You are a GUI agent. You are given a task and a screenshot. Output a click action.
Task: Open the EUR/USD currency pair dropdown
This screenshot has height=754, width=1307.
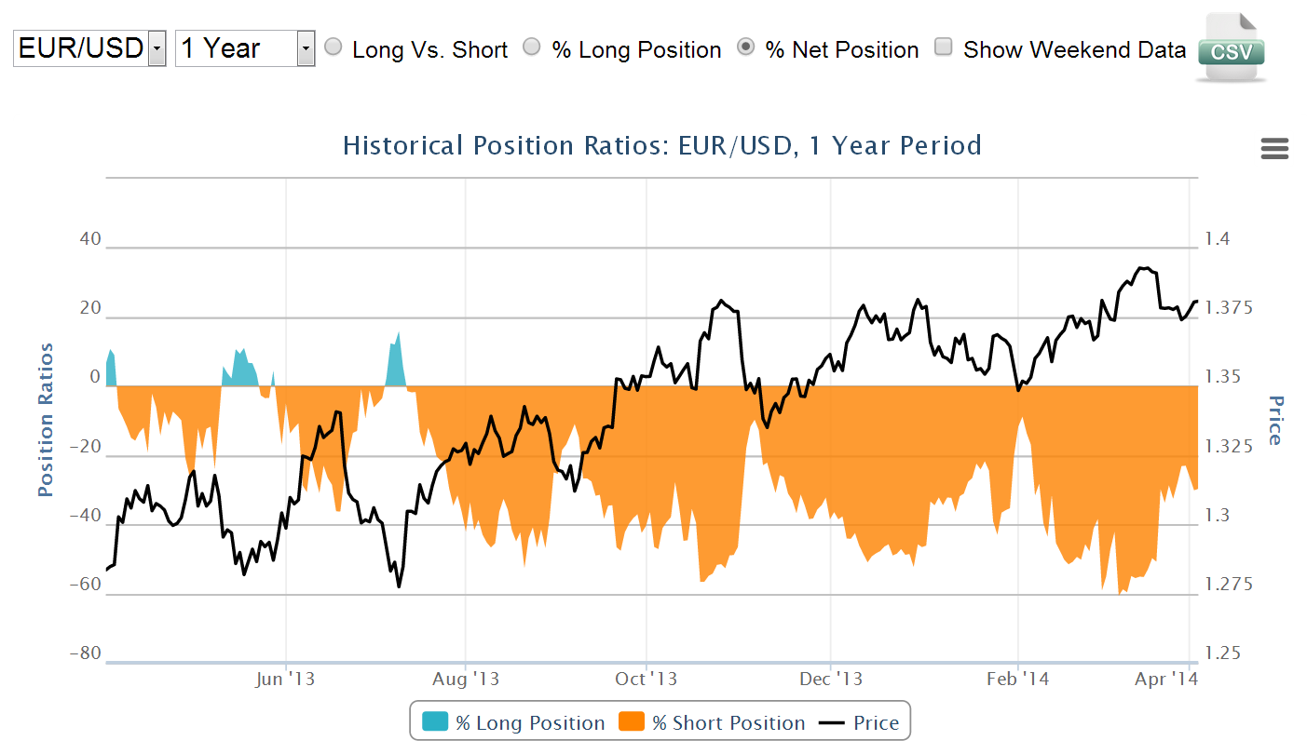tap(89, 48)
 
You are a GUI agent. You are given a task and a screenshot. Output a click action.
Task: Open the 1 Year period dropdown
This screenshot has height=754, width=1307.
tap(245, 48)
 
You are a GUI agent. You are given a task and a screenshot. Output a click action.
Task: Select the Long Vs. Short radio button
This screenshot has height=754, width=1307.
tap(334, 47)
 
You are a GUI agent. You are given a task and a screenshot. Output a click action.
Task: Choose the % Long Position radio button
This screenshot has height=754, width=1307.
tap(532, 47)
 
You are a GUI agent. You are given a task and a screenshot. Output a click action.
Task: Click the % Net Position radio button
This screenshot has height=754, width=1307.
tap(746, 47)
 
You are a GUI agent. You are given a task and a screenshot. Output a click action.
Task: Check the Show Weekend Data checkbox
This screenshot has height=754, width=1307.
tap(944, 47)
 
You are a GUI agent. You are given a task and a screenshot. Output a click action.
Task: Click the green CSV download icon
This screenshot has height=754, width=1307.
tap(1231, 48)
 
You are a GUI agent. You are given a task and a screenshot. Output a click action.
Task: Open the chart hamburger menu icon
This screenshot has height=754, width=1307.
tap(1273, 148)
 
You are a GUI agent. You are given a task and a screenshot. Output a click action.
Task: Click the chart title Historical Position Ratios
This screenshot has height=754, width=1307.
tap(661, 146)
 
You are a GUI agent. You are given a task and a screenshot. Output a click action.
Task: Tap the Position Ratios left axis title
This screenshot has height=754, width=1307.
tap(46, 420)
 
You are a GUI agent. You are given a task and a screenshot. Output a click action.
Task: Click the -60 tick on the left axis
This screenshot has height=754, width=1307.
tap(85, 585)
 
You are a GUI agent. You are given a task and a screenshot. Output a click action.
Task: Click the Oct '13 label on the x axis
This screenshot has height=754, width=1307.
tap(645, 679)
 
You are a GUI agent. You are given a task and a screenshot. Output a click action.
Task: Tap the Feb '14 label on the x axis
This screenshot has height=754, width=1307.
tap(1018, 679)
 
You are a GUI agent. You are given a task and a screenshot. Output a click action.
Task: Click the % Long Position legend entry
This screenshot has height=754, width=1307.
tap(513, 723)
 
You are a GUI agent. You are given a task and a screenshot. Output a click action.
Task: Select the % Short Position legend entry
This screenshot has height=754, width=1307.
tap(713, 723)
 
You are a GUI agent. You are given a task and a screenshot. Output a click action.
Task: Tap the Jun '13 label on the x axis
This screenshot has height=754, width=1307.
tap(284, 679)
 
